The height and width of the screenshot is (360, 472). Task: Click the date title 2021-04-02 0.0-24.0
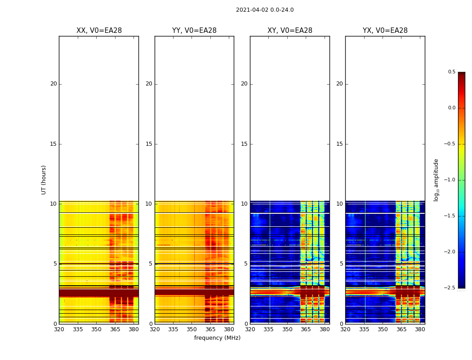click(264, 10)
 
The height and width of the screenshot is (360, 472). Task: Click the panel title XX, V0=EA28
click(99, 31)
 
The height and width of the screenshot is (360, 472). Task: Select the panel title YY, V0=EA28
click(194, 31)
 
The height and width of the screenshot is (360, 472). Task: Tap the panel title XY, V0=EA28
click(289, 31)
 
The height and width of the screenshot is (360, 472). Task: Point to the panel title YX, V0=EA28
click(385, 31)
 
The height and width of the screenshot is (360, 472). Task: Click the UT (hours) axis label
click(44, 180)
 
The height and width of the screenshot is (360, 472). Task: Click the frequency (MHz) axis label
click(217, 338)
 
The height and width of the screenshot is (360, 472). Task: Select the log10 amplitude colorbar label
click(436, 180)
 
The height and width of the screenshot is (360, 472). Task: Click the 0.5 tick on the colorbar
click(451, 72)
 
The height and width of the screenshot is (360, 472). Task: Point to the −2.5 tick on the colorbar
click(451, 288)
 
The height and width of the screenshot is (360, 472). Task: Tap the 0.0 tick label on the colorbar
click(451, 108)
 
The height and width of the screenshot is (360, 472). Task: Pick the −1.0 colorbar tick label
click(451, 180)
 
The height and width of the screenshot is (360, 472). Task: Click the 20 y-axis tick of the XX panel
click(53, 84)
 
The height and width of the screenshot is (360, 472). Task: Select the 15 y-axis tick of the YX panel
click(340, 144)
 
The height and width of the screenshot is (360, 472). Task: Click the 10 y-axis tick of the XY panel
click(245, 204)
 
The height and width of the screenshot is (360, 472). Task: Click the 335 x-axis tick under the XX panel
click(78, 329)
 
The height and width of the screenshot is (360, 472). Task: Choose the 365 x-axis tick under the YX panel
click(401, 329)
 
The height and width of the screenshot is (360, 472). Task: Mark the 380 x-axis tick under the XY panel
click(325, 329)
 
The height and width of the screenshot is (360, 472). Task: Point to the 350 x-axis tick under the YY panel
click(192, 329)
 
